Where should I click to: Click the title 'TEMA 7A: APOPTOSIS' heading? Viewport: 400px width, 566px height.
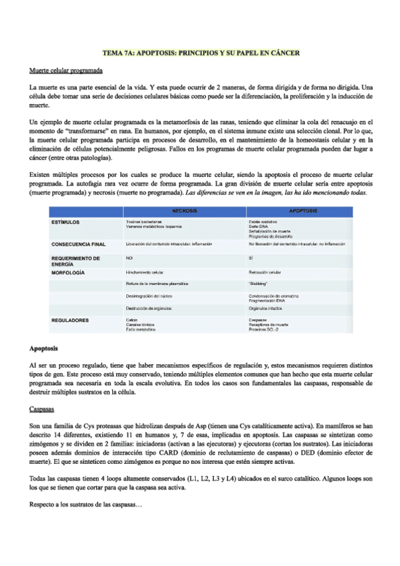[200, 51]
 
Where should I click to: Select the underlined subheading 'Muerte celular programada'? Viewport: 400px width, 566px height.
[66, 71]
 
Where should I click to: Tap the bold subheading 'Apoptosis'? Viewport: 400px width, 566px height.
[43, 348]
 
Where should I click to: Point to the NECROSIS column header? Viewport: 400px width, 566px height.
[184, 211]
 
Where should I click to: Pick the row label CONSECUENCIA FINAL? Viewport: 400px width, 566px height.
[78, 244]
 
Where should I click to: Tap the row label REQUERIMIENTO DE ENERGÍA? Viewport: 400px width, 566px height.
[75, 260]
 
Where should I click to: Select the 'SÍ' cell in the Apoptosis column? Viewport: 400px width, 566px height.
[250, 257]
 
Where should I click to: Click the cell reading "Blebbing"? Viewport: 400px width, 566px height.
[258, 284]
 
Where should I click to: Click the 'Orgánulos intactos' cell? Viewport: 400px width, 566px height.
[265, 308]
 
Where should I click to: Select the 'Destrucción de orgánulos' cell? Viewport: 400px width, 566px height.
[150, 308]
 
